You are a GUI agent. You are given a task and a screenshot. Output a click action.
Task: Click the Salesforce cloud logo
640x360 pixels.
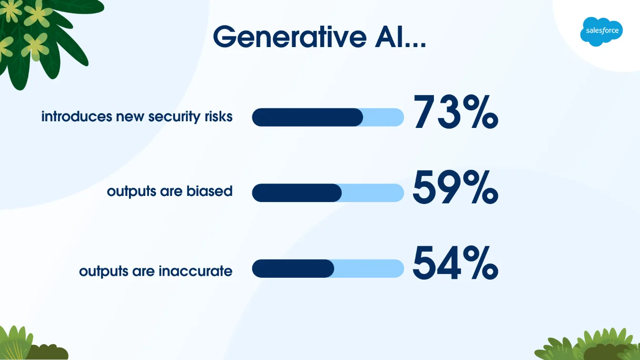pos(601,31)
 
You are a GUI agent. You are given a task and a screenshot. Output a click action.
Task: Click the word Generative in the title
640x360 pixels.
pos(290,37)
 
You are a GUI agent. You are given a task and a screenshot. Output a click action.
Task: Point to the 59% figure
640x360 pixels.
pos(455,187)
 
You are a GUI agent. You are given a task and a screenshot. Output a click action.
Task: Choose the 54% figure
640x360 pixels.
pos(455,263)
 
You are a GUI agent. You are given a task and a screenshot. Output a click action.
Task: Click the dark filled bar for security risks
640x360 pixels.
pos(307,117)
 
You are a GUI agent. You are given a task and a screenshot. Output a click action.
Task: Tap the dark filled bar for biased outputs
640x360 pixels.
pos(296,193)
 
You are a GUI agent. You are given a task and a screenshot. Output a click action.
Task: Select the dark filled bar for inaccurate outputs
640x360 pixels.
pos(293,268)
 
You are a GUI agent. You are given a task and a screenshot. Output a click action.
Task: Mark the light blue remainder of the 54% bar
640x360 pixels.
pos(369,268)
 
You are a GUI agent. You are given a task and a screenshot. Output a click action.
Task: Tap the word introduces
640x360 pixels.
pos(77,117)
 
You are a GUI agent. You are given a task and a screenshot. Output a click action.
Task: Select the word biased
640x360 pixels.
pos(209,191)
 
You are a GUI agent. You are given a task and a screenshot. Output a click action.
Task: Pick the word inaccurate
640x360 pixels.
pos(196,271)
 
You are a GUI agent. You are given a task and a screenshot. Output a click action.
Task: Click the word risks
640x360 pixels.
pos(218,117)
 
